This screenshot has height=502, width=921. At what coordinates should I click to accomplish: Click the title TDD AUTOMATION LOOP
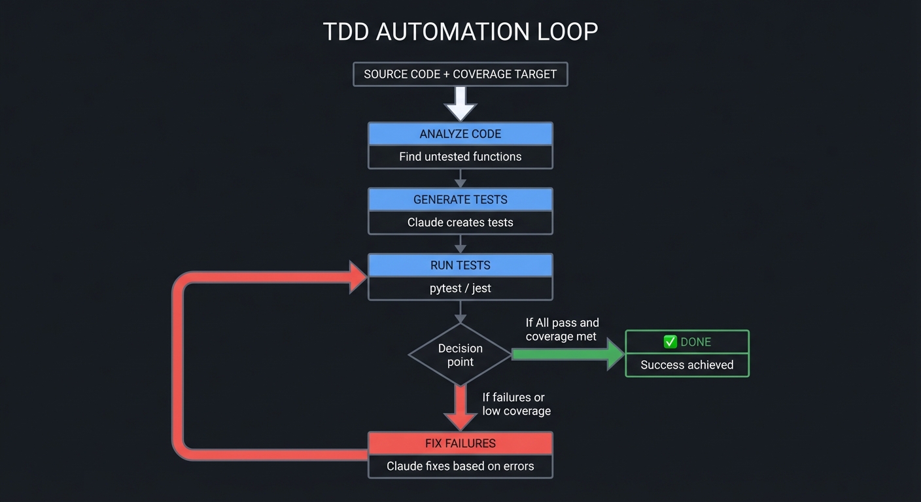tap(461, 32)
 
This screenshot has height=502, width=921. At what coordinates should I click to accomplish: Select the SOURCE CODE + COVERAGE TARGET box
tap(461, 75)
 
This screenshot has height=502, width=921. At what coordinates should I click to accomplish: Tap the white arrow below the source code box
tap(461, 103)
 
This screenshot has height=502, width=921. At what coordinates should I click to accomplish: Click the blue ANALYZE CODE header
tap(461, 134)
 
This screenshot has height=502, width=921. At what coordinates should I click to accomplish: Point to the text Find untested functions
tap(461, 157)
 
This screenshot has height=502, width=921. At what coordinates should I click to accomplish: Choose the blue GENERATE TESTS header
tap(461, 200)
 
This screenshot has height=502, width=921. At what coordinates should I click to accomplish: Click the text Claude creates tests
tap(461, 223)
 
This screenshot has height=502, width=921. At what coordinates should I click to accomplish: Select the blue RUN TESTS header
tap(461, 265)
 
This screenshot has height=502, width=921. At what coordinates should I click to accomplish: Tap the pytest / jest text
tap(461, 288)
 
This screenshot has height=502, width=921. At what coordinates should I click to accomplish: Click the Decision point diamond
tap(461, 355)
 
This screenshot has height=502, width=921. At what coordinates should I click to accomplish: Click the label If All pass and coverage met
tap(562, 329)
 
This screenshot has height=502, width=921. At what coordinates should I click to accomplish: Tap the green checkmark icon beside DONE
tap(670, 342)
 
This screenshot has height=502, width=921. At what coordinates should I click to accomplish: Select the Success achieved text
tap(687, 365)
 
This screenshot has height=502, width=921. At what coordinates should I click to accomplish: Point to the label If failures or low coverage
tap(516, 404)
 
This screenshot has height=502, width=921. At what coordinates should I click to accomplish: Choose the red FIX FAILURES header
tap(461, 443)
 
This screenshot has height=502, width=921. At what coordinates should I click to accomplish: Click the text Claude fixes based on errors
tap(461, 467)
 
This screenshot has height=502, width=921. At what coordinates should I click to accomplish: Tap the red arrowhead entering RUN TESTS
tap(357, 276)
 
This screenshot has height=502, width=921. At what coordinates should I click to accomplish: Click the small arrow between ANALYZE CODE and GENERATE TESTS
tap(461, 178)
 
